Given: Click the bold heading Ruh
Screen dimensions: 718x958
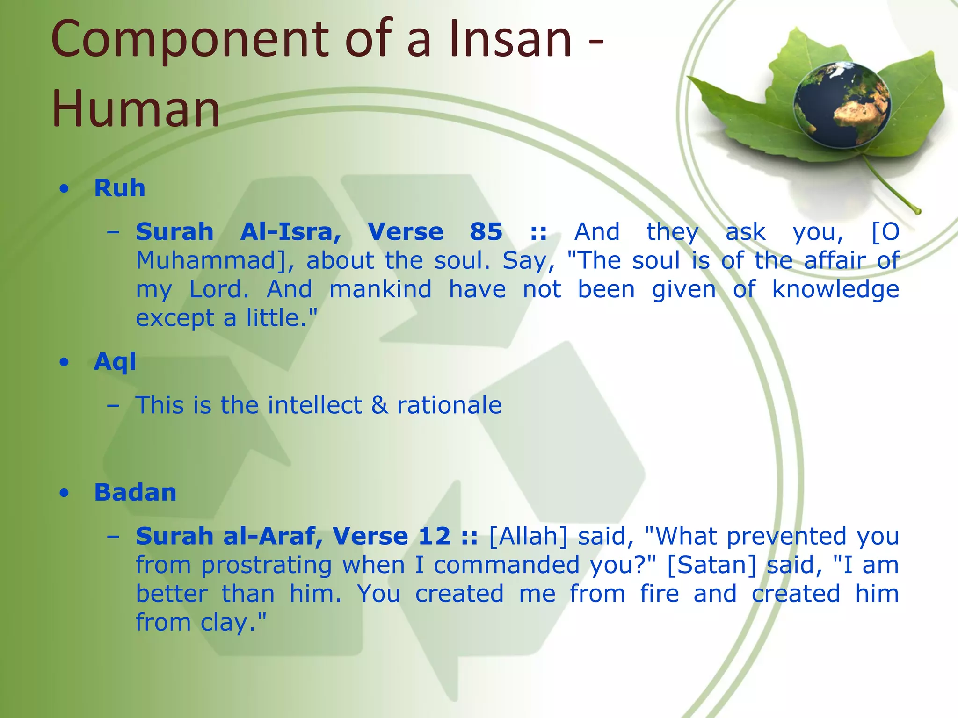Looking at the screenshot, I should [120, 188].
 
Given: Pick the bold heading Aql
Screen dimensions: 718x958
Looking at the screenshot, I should [115, 362].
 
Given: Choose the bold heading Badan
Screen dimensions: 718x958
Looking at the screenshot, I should [135, 492].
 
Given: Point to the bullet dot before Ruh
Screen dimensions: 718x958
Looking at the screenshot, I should [65, 189].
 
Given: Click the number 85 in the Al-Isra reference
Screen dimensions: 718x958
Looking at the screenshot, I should [486, 231].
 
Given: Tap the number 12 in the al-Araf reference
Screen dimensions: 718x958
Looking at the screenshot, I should [435, 536].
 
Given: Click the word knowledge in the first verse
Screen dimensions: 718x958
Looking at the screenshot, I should [835, 289].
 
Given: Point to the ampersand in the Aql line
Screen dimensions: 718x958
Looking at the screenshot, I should [379, 405].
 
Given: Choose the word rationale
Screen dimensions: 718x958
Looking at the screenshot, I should [449, 405].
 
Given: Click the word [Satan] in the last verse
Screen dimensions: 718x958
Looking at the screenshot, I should [711, 565].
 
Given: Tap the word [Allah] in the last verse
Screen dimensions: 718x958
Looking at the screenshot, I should [528, 536].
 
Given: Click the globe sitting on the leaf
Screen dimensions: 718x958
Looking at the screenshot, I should [842, 105].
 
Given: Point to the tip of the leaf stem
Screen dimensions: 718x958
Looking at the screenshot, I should [918, 211].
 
